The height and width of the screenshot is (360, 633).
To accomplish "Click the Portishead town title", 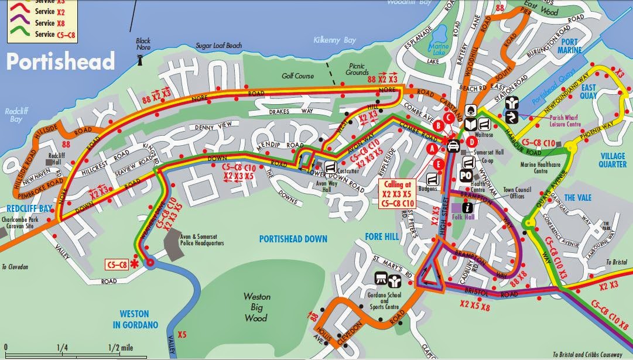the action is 60,61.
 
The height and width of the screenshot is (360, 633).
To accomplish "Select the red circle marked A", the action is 433,149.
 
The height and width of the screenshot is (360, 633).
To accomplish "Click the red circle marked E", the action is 439,164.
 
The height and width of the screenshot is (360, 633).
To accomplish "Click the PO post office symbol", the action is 466,176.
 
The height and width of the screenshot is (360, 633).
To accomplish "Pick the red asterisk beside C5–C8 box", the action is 136,265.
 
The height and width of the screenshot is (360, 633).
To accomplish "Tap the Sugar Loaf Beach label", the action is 202,44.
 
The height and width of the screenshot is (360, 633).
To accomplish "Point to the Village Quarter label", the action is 613,160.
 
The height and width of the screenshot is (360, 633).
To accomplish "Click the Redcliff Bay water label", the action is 13,114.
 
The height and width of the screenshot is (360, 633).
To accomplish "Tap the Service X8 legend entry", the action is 44,23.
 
